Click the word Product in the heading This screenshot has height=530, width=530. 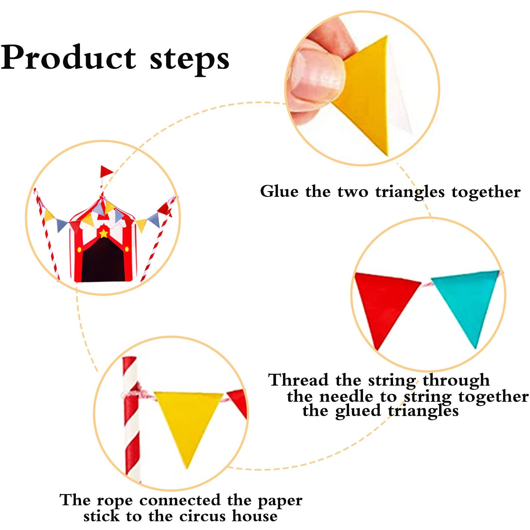pyautogui.click(x=69, y=58)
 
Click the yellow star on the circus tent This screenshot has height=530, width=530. pyautogui.click(x=104, y=234)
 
